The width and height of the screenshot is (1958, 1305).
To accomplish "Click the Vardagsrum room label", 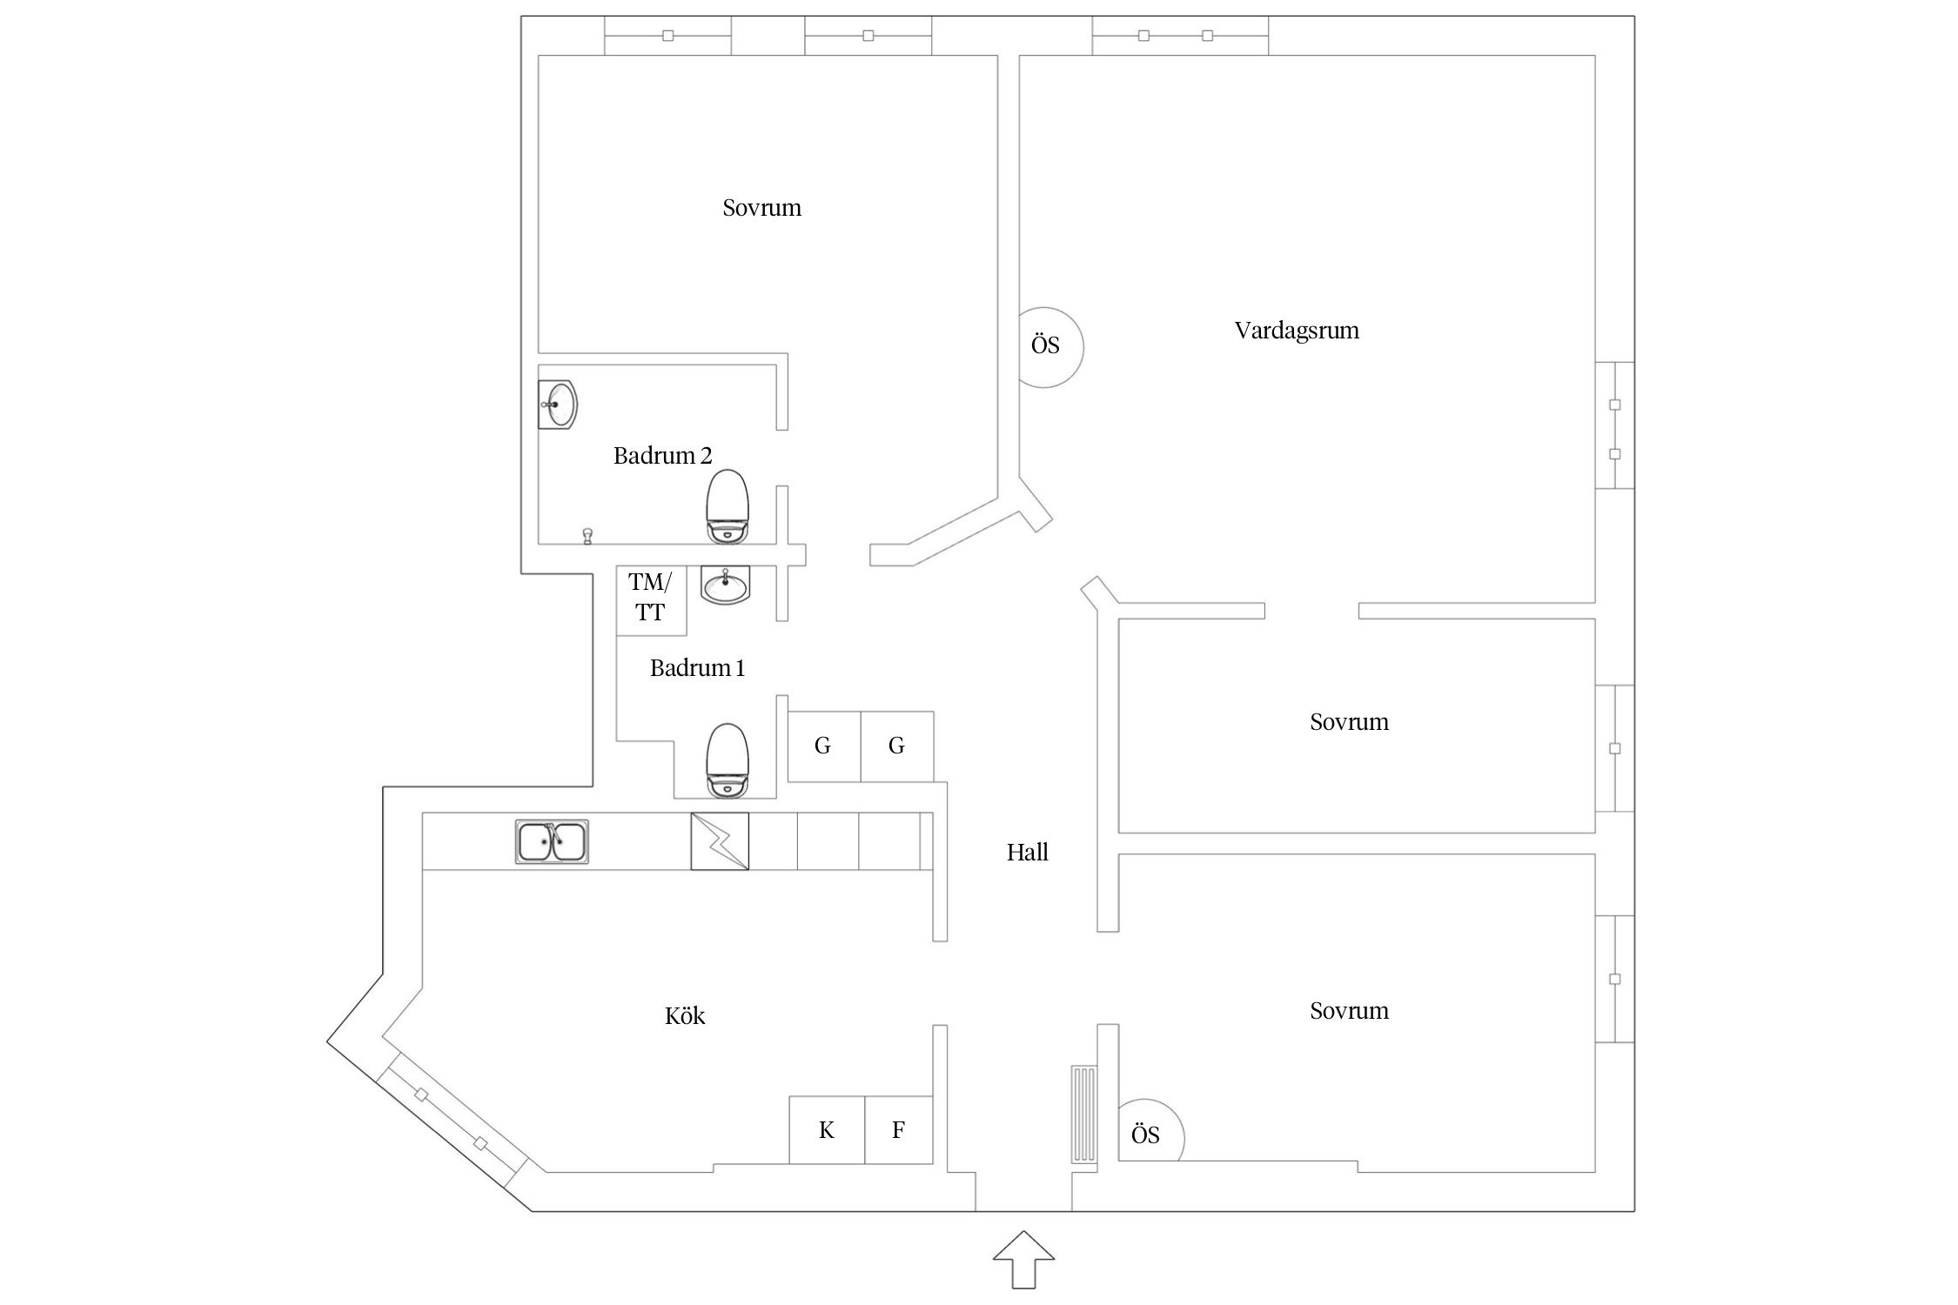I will pyautogui.click(x=1296, y=331).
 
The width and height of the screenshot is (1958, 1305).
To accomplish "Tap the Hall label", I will pyautogui.click(x=1027, y=853).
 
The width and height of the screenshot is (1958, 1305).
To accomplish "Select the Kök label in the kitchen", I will pyautogui.click(x=684, y=1016).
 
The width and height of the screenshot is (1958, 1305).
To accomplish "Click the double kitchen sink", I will pyautogui.click(x=552, y=841).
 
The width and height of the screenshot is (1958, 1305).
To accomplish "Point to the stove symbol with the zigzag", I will pyautogui.click(x=720, y=841).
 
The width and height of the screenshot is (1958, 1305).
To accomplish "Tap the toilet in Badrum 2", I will pyautogui.click(x=727, y=507).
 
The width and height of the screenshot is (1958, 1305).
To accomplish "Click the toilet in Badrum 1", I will pyautogui.click(x=727, y=760).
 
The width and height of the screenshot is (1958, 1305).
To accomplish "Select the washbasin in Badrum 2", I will pyautogui.click(x=558, y=405).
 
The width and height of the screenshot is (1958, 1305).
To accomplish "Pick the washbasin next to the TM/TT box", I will pyautogui.click(x=725, y=586).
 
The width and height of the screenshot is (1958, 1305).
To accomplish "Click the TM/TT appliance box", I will pyautogui.click(x=651, y=599).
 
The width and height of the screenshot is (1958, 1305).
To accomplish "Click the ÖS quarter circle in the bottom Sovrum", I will pyautogui.click(x=1147, y=1134).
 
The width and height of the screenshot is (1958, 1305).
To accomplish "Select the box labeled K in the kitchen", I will pyautogui.click(x=827, y=1130).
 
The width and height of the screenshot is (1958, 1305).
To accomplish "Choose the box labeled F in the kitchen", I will pyautogui.click(x=899, y=1130).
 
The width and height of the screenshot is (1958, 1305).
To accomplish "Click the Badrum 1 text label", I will pyautogui.click(x=697, y=668).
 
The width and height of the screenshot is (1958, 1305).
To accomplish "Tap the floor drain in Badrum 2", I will pyautogui.click(x=587, y=536).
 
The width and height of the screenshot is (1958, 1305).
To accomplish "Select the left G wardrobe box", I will pyautogui.click(x=823, y=746).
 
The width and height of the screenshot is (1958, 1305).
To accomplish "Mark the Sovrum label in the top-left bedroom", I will pyautogui.click(x=761, y=208).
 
